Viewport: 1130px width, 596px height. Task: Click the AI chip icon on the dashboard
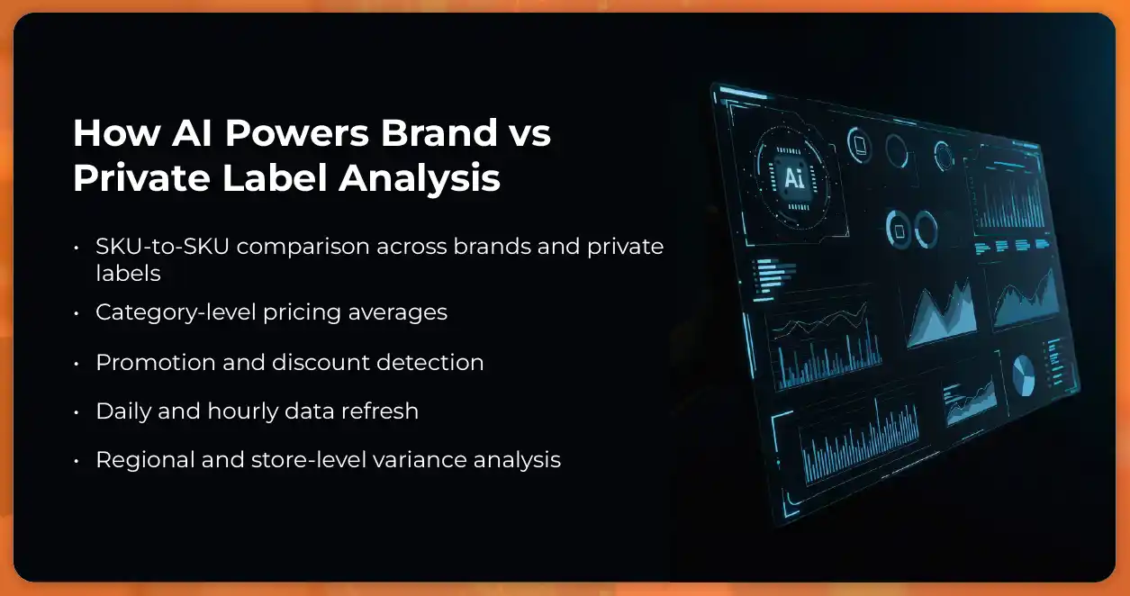pyautogui.click(x=793, y=177)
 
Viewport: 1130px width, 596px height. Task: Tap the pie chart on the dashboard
pyautogui.click(x=1023, y=375)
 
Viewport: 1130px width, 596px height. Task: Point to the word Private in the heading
pyautogui.click(x=135, y=177)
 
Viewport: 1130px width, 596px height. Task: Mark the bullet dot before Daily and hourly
pyautogui.click(x=78, y=412)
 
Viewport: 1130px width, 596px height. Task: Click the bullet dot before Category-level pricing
pyautogui.click(x=78, y=313)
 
